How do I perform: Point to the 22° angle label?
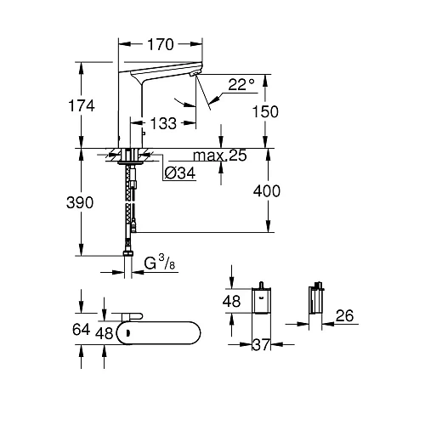241,83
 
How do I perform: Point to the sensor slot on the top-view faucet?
127,332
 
